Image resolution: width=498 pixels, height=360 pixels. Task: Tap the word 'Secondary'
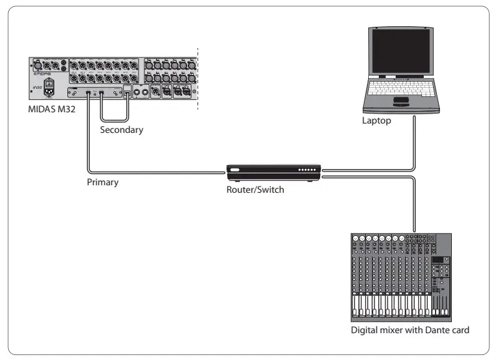(x=122, y=130)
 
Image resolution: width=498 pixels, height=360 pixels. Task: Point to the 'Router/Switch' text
(x=255, y=189)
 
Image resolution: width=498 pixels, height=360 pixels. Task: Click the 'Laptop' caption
(x=376, y=121)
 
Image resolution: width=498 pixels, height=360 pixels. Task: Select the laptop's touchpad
(x=401, y=101)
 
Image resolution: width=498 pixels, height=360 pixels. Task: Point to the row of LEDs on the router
(x=306, y=170)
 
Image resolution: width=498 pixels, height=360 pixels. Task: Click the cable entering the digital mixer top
(x=414, y=206)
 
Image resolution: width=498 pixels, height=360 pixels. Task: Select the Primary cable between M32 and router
(x=156, y=171)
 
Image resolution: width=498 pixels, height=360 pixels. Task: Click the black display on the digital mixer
(x=438, y=260)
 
